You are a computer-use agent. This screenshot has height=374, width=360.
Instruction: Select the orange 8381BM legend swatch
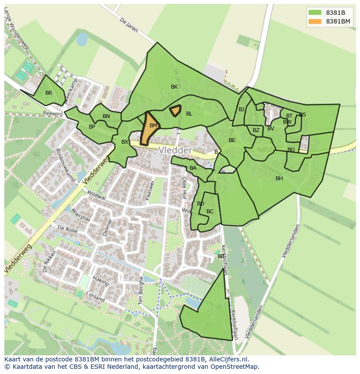click(x=315, y=21)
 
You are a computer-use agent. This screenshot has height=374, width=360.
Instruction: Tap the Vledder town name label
click(x=175, y=150)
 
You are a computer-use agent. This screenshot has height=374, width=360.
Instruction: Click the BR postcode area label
click(x=49, y=93)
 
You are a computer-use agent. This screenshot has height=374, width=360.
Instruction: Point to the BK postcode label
click(x=174, y=87)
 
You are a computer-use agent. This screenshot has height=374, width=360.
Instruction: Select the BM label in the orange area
click(x=153, y=126)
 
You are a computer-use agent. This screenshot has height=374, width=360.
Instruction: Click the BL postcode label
click(x=189, y=114)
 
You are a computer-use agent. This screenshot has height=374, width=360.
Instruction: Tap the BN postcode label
click(x=106, y=116)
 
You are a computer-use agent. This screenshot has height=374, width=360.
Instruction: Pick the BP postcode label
click(x=92, y=127)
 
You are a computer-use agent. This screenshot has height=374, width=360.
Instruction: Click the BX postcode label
click(x=125, y=142)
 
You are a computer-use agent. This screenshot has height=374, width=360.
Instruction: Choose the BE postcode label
click(x=232, y=140)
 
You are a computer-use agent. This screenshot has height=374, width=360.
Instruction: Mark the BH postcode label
click(x=279, y=179)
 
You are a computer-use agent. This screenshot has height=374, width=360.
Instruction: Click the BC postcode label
click(x=210, y=212)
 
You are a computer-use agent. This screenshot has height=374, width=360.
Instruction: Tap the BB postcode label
click(x=221, y=256)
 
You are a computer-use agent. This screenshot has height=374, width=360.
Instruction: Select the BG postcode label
click(x=291, y=150)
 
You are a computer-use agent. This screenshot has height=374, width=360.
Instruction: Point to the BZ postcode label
click(x=256, y=130)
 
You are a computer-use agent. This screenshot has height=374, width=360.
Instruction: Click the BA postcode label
click(x=193, y=168)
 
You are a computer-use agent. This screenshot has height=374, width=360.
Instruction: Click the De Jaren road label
click(x=128, y=25)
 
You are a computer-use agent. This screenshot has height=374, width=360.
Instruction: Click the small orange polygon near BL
click(x=175, y=111)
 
